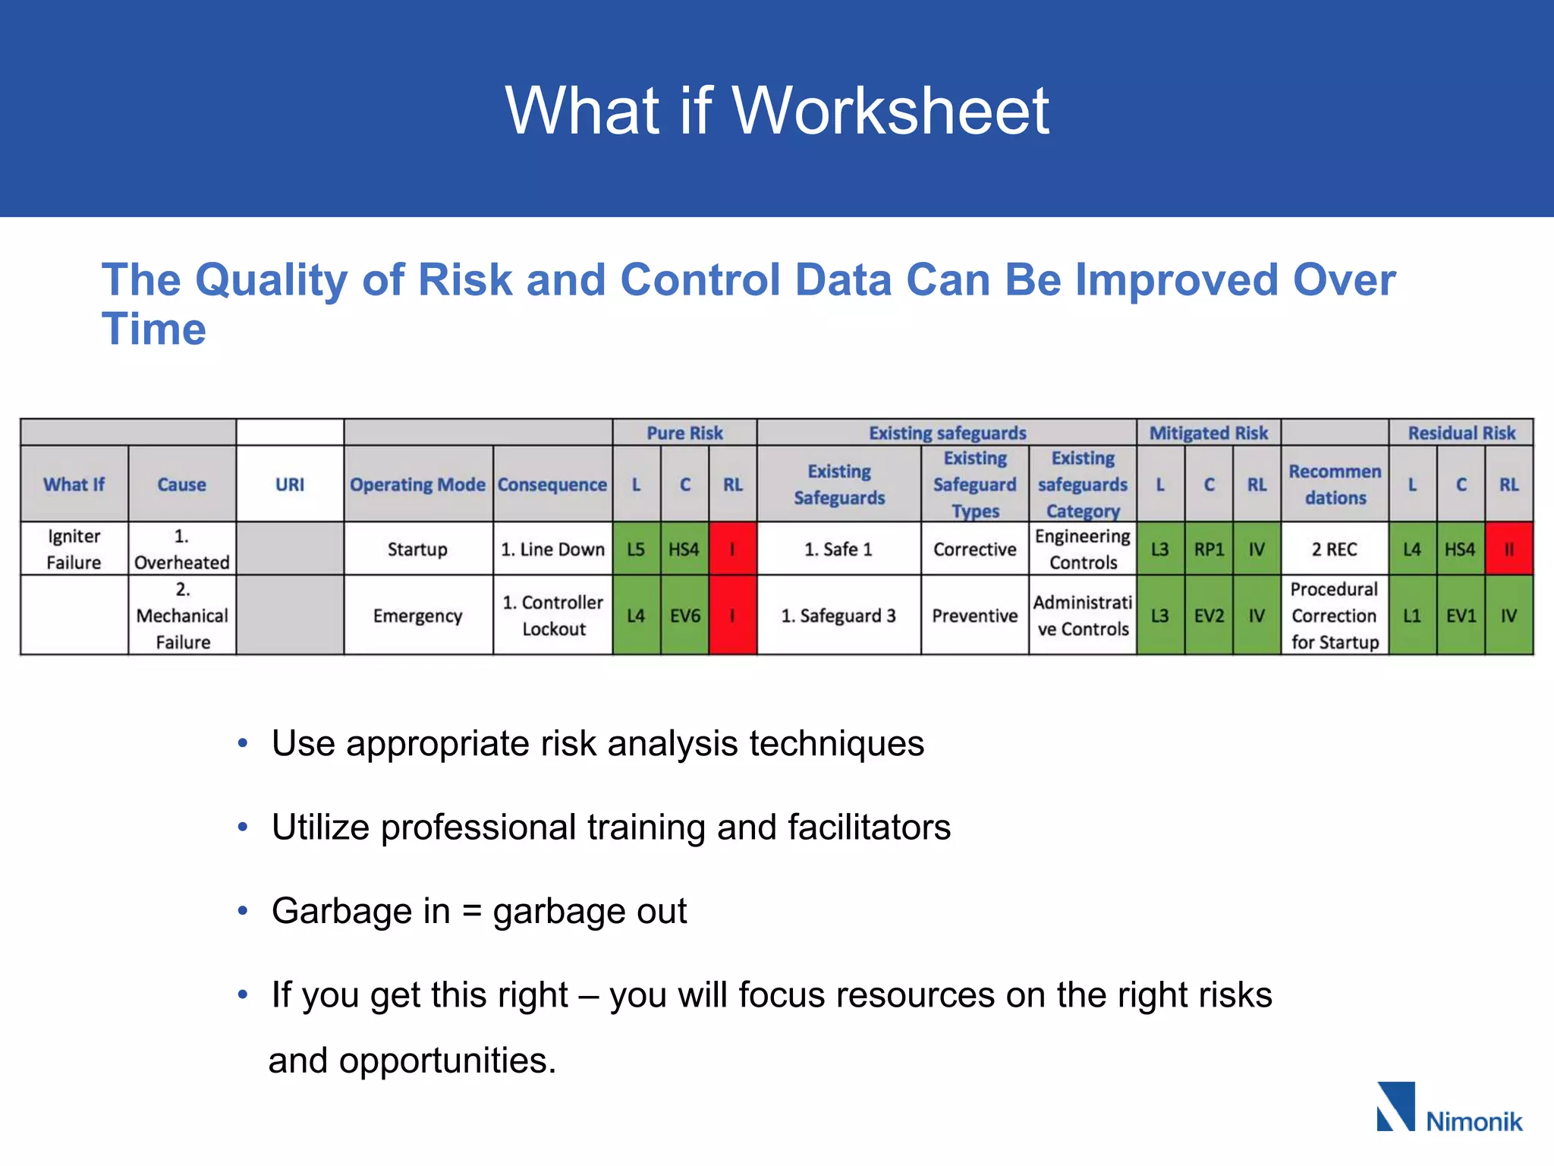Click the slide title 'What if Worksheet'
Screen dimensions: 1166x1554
tap(777, 111)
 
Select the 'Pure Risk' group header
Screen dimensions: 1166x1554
tap(684, 433)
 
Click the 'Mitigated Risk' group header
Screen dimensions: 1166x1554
tap(1208, 433)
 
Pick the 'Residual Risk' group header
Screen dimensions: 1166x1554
tap(1461, 433)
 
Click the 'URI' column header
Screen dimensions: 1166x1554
tap(289, 484)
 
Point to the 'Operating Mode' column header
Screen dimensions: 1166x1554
tap(417, 484)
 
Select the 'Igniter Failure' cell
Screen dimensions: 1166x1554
tap(74, 549)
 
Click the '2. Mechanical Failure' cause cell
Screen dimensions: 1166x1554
tap(182, 616)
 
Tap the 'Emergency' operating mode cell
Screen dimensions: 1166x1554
tap(417, 616)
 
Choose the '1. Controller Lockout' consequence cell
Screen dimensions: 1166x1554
tap(553, 616)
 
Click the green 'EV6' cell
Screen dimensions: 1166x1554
tap(684, 616)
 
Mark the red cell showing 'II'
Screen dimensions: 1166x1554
tap(1508, 549)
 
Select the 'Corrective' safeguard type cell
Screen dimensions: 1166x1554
tap(974, 549)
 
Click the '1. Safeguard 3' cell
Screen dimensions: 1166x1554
tap(838, 616)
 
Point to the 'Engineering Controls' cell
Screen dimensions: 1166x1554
tap(1083, 549)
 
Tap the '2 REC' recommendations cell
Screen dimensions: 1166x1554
tap(1334, 549)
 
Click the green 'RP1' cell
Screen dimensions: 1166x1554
tap(1208, 549)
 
